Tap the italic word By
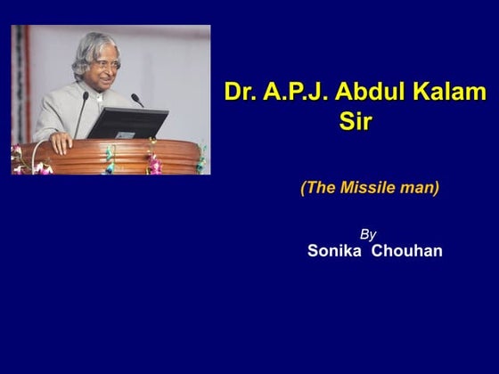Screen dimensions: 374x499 click(368, 234)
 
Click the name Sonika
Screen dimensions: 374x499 click(334, 251)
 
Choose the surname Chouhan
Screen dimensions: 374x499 click(407, 251)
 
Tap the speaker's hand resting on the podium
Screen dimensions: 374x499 click(61, 141)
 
